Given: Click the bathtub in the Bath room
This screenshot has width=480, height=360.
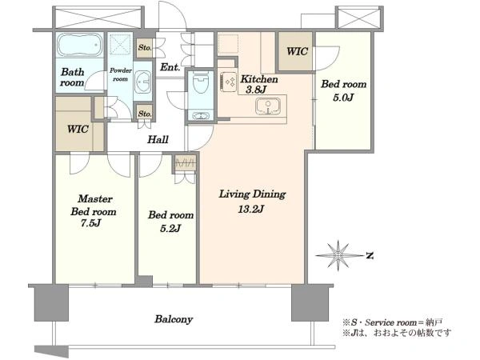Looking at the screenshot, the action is pyautogui.click(x=79, y=45).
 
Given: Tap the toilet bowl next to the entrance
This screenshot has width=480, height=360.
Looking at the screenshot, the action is pyautogui.click(x=201, y=83).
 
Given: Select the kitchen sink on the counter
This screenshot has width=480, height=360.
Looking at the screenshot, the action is pyautogui.click(x=268, y=106).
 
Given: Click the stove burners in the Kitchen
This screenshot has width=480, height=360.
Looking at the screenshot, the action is pyautogui.click(x=229, y=82).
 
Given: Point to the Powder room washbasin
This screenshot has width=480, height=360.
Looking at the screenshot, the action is pyautogui.click(x=142, y=82).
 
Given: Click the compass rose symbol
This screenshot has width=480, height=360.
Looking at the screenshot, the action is pyautogui.click(x=338, y=255).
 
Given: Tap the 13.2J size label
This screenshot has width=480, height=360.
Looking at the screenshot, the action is pyautogui.click(x=251, y=209).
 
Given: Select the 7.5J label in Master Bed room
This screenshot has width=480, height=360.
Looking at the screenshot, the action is pyautogui.click(x=90, y=223).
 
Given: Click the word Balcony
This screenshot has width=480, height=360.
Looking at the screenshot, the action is pyautogui.click(x=174, y=319).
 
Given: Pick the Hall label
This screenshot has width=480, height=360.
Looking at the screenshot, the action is pyautogui.click(x=158, y=139).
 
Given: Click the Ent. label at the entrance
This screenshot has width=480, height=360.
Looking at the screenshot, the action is pyautogui.click(x=170, y=67).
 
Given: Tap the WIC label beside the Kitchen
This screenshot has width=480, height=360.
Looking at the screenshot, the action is pyautogui.click(x=297, y=51).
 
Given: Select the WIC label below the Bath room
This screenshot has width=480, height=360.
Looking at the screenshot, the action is pyautogui.click(x=78, y=129).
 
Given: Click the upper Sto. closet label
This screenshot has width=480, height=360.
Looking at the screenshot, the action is pyautogui.click(x=145, y=48).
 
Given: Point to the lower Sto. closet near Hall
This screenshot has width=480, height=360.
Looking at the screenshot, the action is pyautogui.click(x=145, y=114).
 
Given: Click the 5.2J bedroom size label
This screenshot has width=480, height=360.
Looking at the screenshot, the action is pyautogui.click(x=170, y=228).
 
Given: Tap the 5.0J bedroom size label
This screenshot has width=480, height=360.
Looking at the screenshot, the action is pyautogui.click(x=343, y=98).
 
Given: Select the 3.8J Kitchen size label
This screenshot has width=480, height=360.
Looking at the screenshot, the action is pyautogui.click(x=256, y=90).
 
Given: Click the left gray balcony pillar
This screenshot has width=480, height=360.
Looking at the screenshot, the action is pyautogui.click(x=51, y=303).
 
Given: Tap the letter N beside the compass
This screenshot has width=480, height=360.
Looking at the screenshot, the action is pyautogui.click(x=370, y=255).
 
